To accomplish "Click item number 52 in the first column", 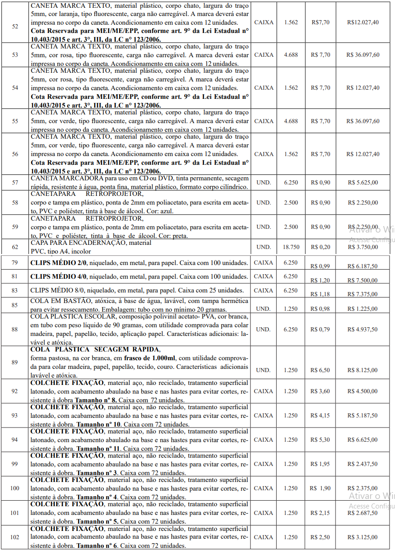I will (x=15, y=27).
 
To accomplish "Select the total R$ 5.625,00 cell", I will (x=363, y=183).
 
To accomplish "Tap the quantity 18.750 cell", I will (x=291, y=247).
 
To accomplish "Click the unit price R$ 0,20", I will (x=320, y=247).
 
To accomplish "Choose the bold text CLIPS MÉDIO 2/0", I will (x=59, y=263).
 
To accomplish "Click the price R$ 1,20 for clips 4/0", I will (x=320, y=280).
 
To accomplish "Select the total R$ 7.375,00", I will (x=362, y=294).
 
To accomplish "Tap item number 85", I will (x=15, y=305).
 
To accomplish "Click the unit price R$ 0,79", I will (x=320, y=329).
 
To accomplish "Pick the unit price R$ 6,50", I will (x=320, y=370).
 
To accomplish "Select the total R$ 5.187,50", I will (x=362, y=416).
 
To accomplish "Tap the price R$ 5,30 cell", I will (x=320, y=440).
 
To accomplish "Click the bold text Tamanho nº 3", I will (x=96, y=473).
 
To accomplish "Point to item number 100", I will (x=15, y=488).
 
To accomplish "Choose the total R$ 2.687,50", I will (x=362, y=513).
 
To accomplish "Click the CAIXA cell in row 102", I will (x=263, y=537).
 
